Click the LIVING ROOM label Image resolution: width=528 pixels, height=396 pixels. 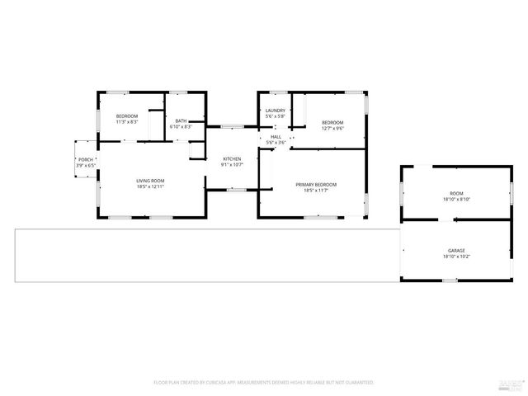coord(150,180)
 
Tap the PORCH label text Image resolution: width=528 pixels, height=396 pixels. coord(86,159)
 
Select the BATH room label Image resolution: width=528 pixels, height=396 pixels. coord(181,121)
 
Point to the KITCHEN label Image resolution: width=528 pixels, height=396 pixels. coord(232,158)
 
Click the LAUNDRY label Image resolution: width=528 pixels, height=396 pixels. coord(276,111)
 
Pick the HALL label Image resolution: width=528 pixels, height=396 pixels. coord(276,137)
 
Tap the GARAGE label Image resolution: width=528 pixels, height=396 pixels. coord(456,250)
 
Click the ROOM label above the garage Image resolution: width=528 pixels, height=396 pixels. coord(456,193)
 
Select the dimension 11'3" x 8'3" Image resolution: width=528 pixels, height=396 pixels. coord(126,122)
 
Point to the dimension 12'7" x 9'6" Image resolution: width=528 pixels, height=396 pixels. coord(332,128)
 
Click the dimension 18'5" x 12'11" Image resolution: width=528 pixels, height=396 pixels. coord(150,186)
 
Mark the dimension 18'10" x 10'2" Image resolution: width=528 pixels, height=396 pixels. coord(456,257)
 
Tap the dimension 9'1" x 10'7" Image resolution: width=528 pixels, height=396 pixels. coord(232,165)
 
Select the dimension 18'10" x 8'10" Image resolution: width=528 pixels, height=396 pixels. coord(456,200)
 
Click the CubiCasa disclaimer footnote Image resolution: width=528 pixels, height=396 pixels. coord(264,383)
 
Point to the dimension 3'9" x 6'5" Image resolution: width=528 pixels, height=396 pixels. coord(86,166)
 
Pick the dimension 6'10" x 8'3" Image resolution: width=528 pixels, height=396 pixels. coord(181,127)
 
